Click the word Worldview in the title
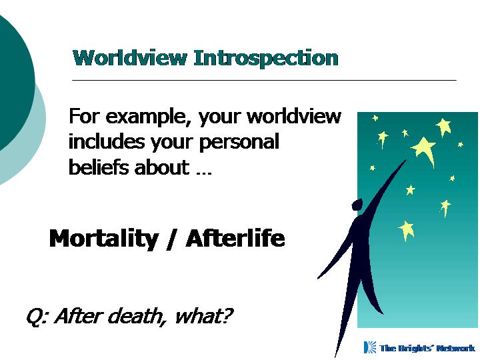click(x=129, y=58)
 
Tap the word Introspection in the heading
click(x=266, y=59)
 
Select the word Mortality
click(x=104, y=239)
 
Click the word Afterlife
click(x=235, y=238)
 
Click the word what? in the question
click(x=203, y=315)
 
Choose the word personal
click(x=239, y=143)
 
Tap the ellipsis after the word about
click(x=204, y=173)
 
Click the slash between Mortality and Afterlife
click(x=172, y=240)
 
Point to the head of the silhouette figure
click(x=357, y=205)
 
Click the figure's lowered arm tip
click(x=319, y=277)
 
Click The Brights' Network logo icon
click(x=370, y=347)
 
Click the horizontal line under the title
click(x=264, y=80)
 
